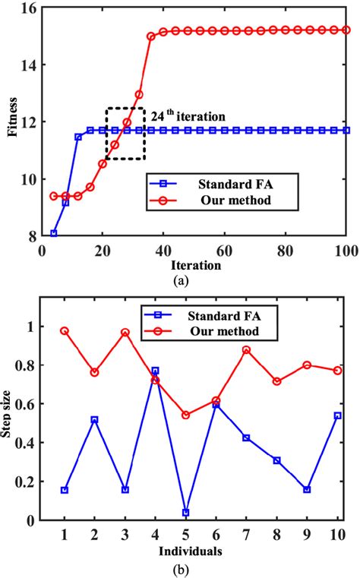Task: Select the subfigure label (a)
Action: coord(179,280)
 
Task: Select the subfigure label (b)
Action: coord(180,567)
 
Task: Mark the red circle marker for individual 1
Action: coord(65,331)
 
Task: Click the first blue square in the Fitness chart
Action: coord(53,233)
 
